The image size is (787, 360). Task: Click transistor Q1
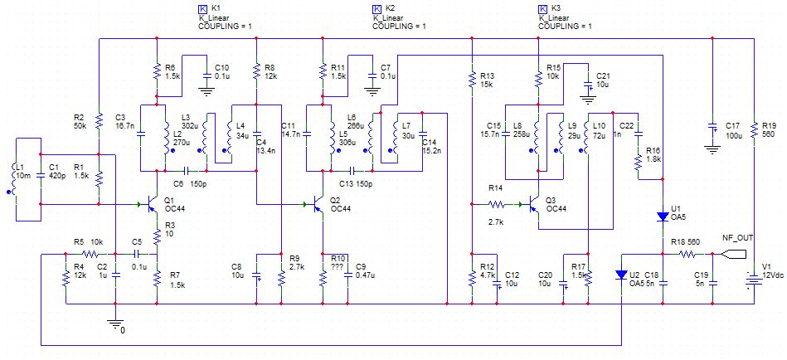(150, 204)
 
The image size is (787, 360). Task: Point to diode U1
(663, 216)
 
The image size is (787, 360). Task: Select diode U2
(621, 275)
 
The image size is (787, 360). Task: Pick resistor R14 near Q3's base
(496, 203)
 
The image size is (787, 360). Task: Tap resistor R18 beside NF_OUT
(687, 255)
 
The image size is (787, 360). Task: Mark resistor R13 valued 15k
(471, 78)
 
